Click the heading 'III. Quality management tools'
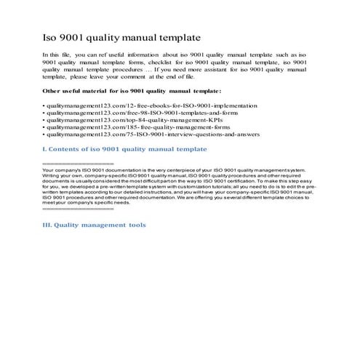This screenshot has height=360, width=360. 94,225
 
